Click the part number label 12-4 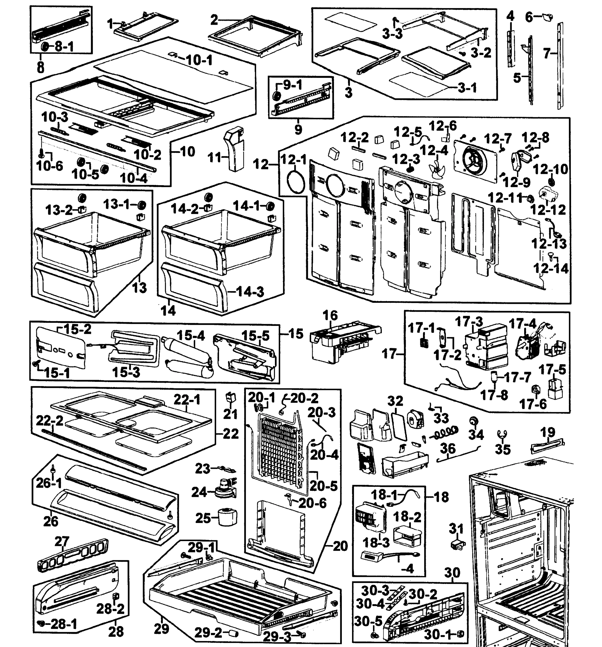[434, 150]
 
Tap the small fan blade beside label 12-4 [435, 169]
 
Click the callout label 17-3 [469, 322]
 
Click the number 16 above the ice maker [330, 315]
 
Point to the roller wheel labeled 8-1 [44, 47]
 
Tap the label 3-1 [467, 88]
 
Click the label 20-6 [312, 503]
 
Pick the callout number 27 [61, 542]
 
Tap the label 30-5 [368, 621]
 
